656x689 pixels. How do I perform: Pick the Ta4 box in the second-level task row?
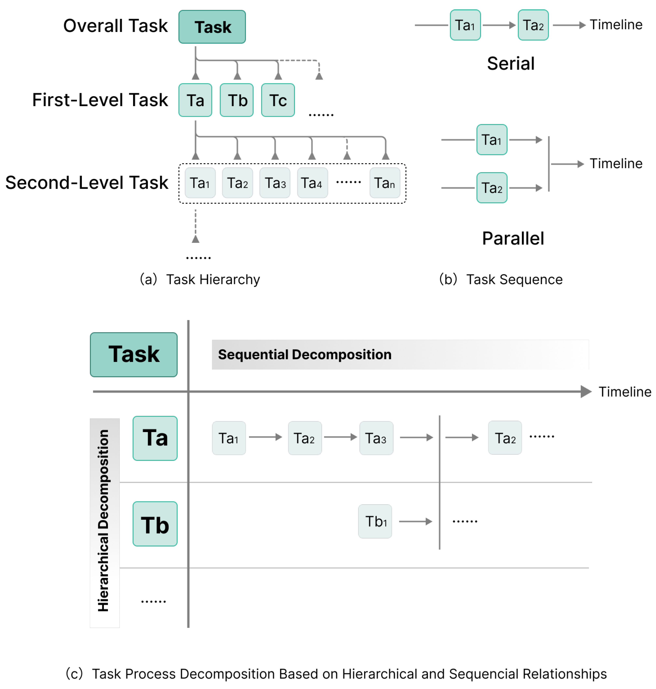click(312, 183)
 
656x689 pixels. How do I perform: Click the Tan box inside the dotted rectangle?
click(385, 183)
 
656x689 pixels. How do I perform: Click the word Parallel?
click(513, 238)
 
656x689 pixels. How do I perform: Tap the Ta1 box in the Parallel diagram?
click(492, 140)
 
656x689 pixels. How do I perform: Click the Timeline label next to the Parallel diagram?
click(616, 164)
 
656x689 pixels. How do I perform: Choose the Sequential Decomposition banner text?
click(305, 354)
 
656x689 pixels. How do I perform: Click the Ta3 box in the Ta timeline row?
click(376, 438)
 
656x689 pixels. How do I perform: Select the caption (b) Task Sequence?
click(501, 279)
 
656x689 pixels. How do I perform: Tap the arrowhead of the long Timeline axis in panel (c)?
click(586, 392)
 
